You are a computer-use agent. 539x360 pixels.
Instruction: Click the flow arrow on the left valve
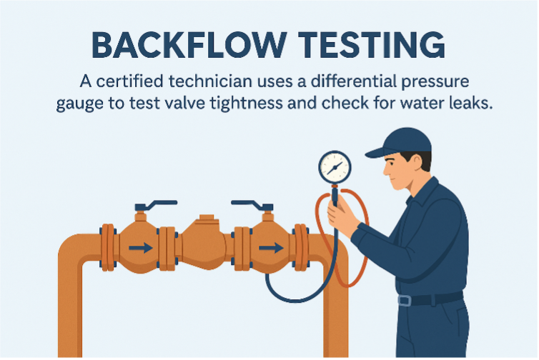pos(141,248)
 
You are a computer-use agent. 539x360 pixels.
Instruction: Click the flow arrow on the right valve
pos(269,248)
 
